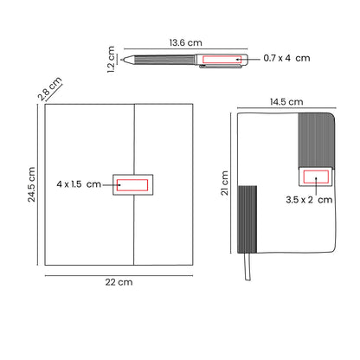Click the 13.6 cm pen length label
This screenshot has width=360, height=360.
click(x=185, y=42)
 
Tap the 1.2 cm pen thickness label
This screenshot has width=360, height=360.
click(x=111, y=59)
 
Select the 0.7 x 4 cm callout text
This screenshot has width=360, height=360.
click(x=286, y=58)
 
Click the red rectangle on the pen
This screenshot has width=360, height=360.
click(x=222, y=60)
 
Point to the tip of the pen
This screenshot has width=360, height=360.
click(x=122, y=60)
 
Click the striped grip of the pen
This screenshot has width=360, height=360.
click(x=164, y=60)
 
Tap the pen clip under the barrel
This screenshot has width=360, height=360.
click(x=221, y=67)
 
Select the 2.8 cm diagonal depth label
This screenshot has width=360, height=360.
click(x=50, y=88)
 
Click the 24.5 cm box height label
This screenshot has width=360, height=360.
click(x=31, y=184)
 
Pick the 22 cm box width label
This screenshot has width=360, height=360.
click(x=119, y=282)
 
